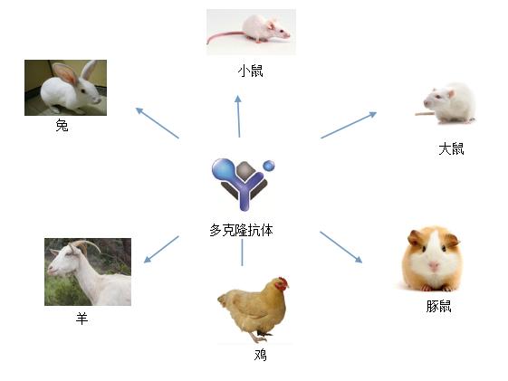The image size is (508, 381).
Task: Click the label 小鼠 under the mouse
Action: (x=250, y=71)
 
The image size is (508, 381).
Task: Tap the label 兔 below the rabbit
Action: (x=62, y=125)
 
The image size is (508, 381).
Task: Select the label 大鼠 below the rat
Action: (x=451, y=149)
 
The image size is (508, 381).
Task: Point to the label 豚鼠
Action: (x=438, y=306)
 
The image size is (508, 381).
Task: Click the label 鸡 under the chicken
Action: (x=261, y=355)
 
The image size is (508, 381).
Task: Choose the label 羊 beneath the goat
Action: (x=82, y=319)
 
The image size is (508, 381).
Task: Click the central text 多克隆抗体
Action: (x=241, y=230)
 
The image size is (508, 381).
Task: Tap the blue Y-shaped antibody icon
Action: (x=244, y=184)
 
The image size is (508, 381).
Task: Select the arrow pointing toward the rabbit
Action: (x=158, y=123)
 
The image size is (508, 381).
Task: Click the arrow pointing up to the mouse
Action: (x=238, y=116)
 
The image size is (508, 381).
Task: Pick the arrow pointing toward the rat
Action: (x=349, y=125)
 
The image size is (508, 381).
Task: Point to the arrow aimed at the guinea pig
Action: (x=340, y=247)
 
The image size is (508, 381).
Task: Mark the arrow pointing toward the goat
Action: (x=161, y=249)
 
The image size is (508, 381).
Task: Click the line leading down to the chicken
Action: (x=242, y=252)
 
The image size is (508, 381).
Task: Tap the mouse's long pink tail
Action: (x=225, y=36)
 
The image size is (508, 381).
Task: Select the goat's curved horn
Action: (x=86, y=245)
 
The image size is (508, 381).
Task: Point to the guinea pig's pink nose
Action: (x=434, y=267)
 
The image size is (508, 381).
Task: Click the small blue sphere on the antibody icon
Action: (x=269, y=166)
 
